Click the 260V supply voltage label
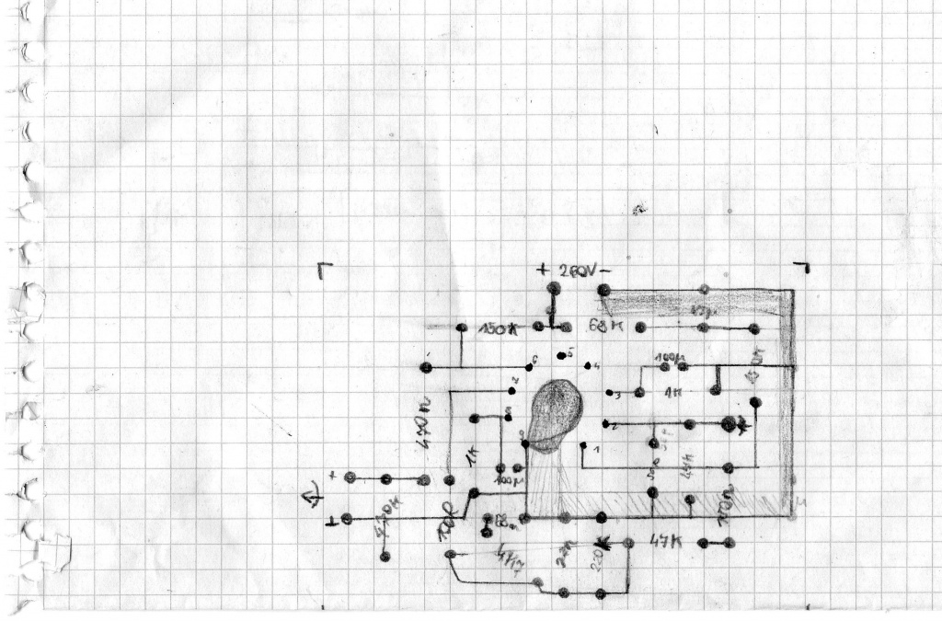[x=579, y=270]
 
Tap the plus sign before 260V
[x=543, y=270]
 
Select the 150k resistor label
[x=499, y=329]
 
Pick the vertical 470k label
[x=424, y=431]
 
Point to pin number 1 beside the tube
[x=596, y=450]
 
